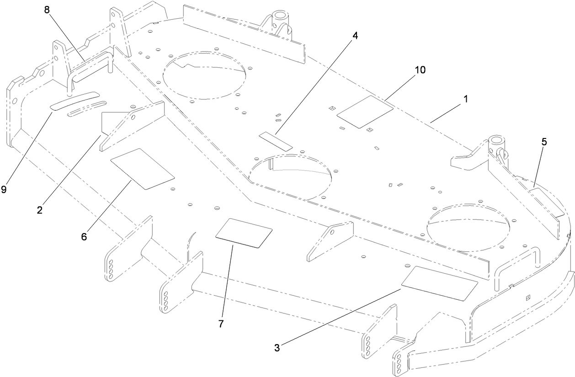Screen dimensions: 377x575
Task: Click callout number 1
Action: (465, 98)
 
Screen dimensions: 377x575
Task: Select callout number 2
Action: (40, 210)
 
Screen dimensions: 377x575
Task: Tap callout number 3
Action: (277, 347)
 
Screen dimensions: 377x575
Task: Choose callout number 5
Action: (543, 142)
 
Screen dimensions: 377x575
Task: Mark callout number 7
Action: (221, 324)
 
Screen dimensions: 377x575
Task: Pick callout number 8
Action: (47, 10)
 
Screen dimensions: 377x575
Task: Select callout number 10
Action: (420, 70)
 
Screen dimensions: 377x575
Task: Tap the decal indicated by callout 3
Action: (439, 289)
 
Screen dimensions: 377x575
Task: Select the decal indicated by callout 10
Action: (365, 112)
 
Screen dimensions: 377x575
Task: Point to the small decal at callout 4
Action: (276, 141)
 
